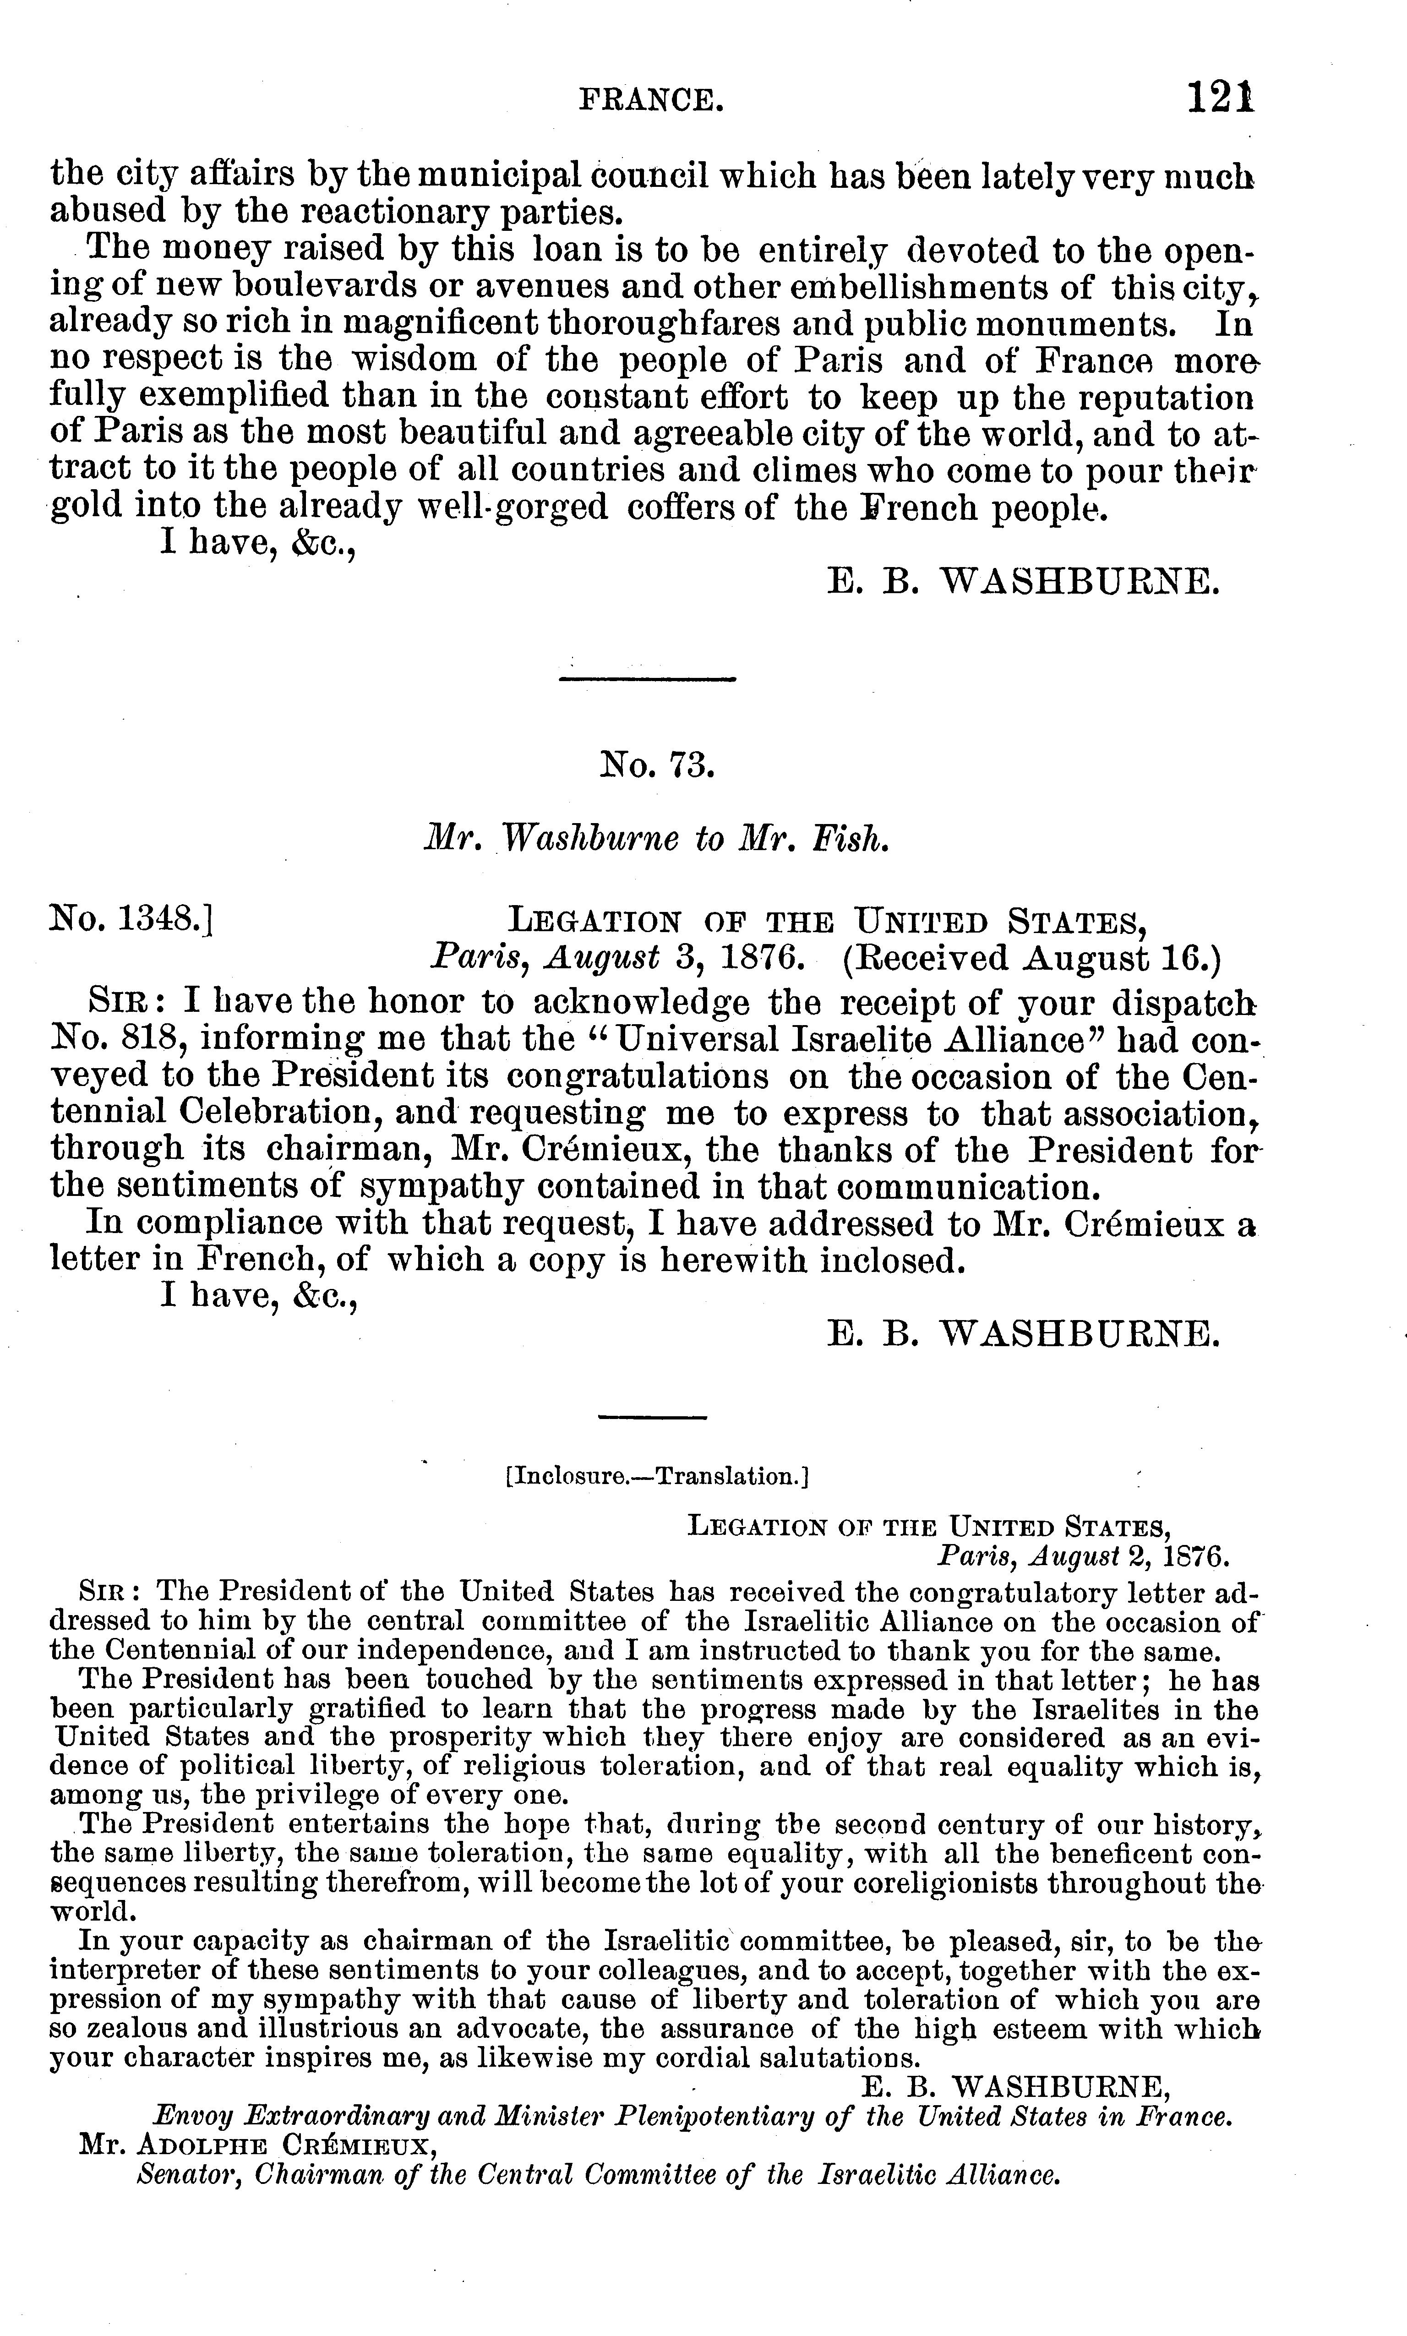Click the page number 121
[1221, 98]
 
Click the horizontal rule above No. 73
[648, 679]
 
